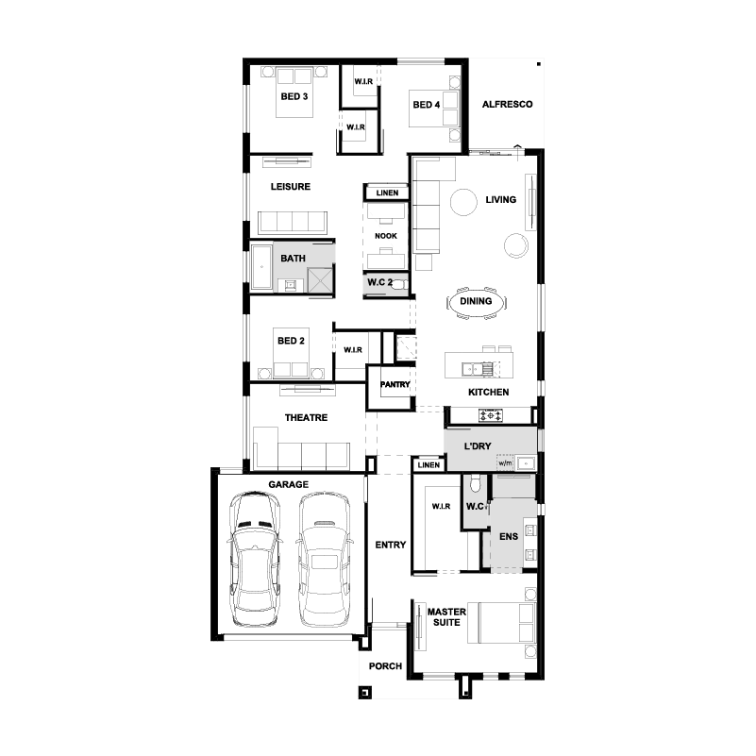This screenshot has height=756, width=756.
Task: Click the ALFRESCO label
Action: [507, 104]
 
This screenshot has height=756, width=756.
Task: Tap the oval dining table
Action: [476, 302]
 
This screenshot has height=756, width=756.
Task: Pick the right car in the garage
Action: [324, 560]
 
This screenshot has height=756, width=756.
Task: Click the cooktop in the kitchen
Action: [491, 414]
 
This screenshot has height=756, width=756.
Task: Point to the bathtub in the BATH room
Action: [261, 267]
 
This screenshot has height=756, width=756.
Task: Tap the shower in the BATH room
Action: [320, 280]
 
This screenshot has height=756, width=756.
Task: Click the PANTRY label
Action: [395, 384]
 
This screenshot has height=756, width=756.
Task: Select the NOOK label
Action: [386, 236]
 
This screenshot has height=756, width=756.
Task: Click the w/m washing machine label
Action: [505, 462]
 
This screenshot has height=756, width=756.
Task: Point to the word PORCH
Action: [385, 665]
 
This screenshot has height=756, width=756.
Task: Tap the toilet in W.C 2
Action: [398, 285]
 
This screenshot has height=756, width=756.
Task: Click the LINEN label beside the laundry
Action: [428, 464]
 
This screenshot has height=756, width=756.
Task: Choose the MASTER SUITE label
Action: [446, 617]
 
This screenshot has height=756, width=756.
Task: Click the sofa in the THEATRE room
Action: [302, 448]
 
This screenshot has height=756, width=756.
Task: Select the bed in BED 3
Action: [294, 92]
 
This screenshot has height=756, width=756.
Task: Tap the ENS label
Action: [509, 536]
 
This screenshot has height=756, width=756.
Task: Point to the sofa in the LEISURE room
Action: [293, 223]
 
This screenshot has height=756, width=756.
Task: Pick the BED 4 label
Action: [427, 105]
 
